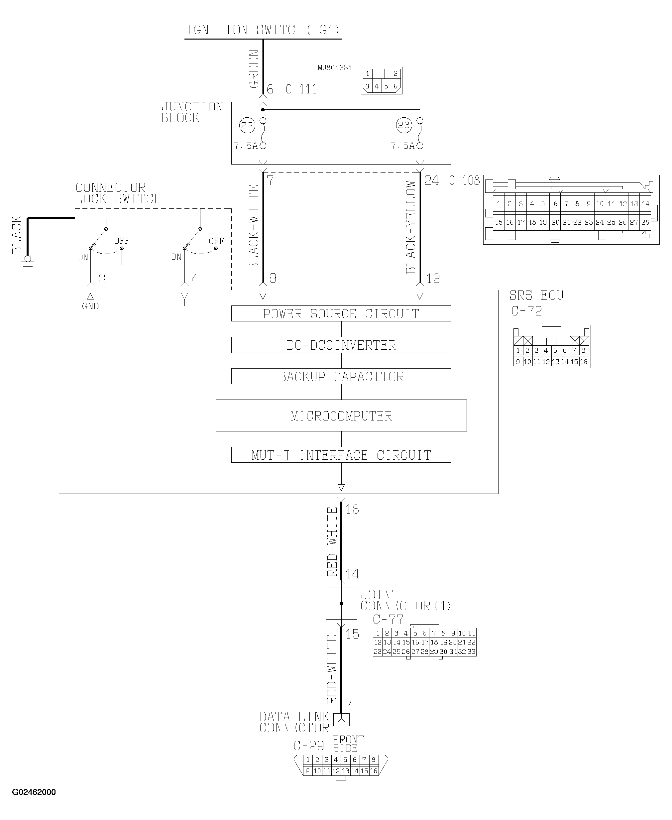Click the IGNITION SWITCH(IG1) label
pyautogui.click(x=263, y=30)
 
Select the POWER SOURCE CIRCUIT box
pyautogui.click(x=341, y=313)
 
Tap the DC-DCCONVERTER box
pyautogui.click(x=341, y=345)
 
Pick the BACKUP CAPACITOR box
pyautogui.click(x=341, y=376)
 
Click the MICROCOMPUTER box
pyautogui.click(x=341, y=416)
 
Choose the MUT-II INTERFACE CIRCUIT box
pyautogui.click(x=341, y=455)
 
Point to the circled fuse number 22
pyautogui.click(x=247, y=125)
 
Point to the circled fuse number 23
pyautogui.click(x=403, y=125)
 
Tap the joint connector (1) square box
pyautogui.click(x=341, y=604)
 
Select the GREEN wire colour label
pyautogui.click(x=254, y=69)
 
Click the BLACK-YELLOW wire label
pyautogui.click(x=411, y=227)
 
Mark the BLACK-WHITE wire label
pyautogui.click(x=254, y=227)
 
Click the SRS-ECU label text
pyautogui.click(x=536, y=296)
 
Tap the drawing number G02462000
pyautogui.click(x=34, y=792)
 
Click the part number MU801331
pyautogui.click(x=335, y=68)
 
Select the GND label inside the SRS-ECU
pyautogui.click(x=90, y=306)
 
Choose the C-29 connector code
pyautogui.click(x=308, y=746)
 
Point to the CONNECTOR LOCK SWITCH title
pyautogui.click(x=118, y=193)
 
